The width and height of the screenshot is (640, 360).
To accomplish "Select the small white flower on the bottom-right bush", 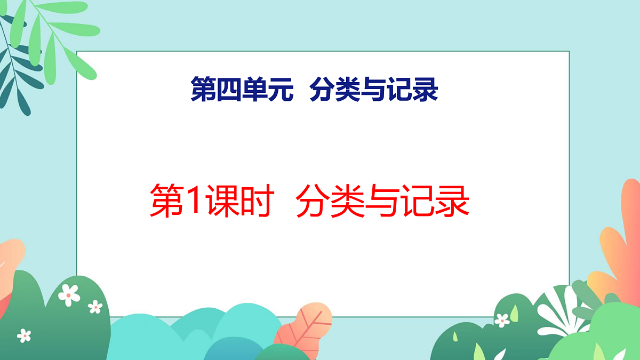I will pyautogui.click(x=502, y=320).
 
